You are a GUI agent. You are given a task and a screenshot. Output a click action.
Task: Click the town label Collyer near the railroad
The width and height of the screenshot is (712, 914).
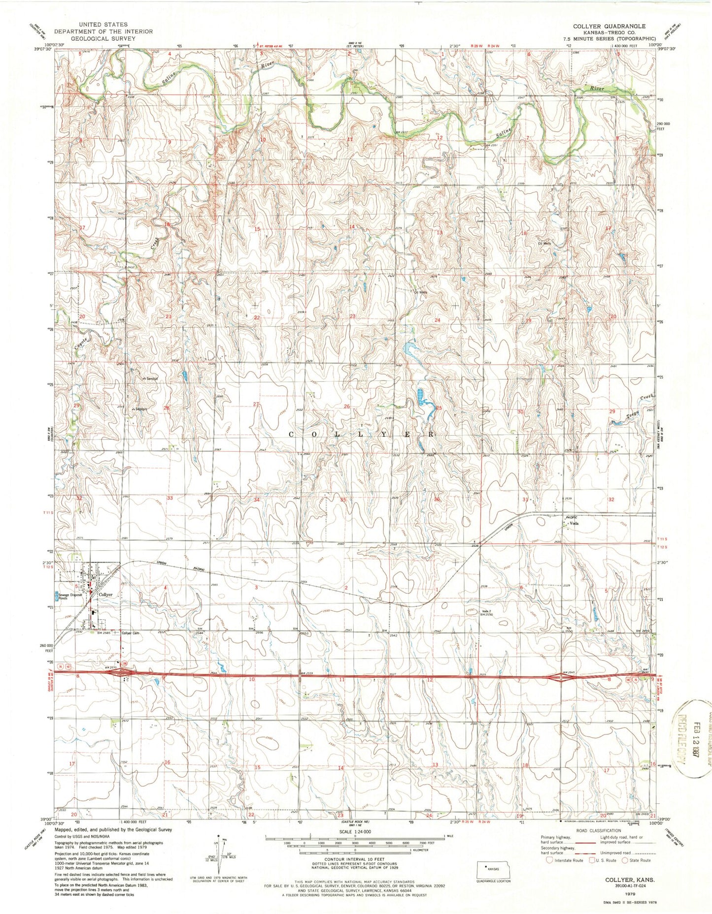[105, 595]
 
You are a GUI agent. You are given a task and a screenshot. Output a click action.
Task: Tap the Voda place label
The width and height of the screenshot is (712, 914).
[574, 524]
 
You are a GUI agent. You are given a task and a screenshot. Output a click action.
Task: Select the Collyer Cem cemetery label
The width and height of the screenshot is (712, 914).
[132, 633]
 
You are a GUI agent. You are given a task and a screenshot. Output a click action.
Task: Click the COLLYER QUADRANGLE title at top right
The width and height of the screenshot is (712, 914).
[609, 26]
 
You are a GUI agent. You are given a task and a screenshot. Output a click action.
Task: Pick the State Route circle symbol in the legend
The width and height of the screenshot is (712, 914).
[626, 860]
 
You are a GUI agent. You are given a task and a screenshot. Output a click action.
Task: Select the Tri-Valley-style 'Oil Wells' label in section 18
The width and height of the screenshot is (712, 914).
[544, 244]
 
